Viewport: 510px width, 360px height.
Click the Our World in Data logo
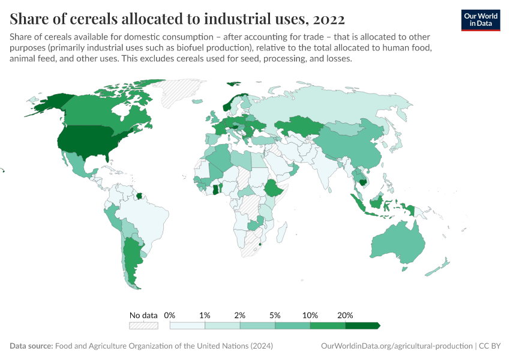click(481, 20)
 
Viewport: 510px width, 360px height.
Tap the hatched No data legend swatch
click(143, 326)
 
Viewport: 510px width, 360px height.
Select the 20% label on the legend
click(346, 315)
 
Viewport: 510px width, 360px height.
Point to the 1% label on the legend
click(205, 315)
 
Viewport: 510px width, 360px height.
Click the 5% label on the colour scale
click(275, 315)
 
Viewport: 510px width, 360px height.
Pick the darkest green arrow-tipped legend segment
click(362, 326)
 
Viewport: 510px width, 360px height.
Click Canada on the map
click(96, 108)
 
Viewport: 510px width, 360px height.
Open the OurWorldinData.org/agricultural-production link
click(397, 346)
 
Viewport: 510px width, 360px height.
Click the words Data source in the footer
click(31, 346)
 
